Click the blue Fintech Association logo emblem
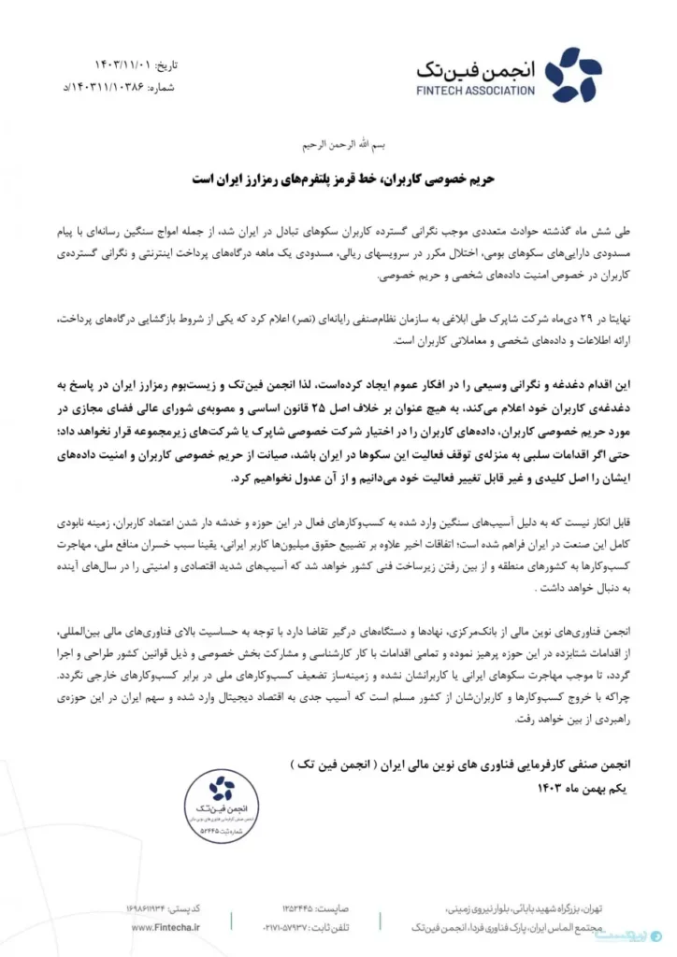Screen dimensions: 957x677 (573, 75)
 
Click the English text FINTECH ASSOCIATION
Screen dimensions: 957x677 (477, 91)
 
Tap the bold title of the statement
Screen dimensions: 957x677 (338, 177)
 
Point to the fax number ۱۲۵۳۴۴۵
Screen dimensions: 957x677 (304, 907)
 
